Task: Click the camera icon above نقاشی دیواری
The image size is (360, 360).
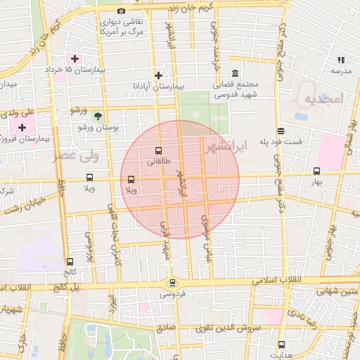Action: click(x=122, y=11)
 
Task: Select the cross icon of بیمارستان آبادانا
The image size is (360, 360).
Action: click(x=159, y=75)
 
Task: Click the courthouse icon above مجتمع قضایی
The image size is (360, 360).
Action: click(x=234, y=74)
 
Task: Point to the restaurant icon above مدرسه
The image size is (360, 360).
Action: click(x=341, y=60)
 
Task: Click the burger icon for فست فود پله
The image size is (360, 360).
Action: click(x=281, y=131)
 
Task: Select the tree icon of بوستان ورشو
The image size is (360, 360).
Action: click(x=97, y=116)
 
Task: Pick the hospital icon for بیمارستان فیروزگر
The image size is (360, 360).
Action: click(x=22, y=127)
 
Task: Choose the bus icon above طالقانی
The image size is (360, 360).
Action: click(x=157, y=150)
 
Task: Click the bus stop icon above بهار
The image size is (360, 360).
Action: click(x=316, y=171)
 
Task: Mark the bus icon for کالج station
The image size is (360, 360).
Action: click(x=69, y=262)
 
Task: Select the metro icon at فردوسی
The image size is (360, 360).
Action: click(x=172, y=283)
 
